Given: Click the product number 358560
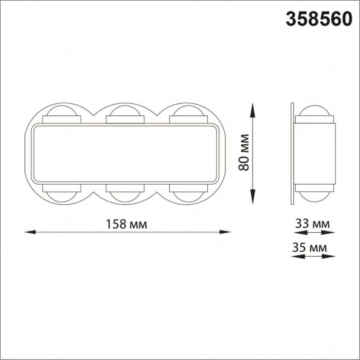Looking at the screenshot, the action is coord(319,19).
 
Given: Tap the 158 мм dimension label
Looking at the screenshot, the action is coord(126,224).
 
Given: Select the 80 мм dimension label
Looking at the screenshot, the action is coord(244,152).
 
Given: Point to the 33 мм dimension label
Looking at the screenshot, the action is coord(312,223).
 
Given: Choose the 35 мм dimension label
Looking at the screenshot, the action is coord(309,248).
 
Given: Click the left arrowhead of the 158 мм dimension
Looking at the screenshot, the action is coord(31,232).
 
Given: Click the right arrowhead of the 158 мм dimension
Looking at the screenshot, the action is coord(225,232).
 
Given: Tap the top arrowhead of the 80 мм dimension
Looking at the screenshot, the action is coord(252,110).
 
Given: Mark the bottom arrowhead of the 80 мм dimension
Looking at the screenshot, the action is coord(252,197).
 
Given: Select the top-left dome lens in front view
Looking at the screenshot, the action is coord(62,111).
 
